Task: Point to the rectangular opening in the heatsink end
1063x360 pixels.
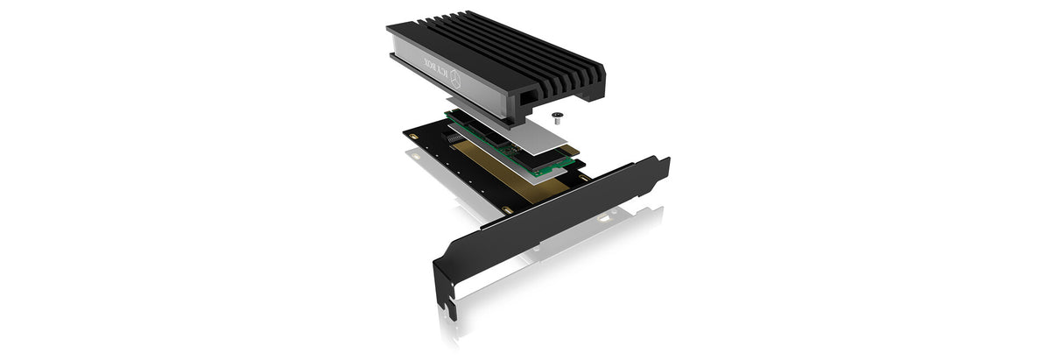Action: click(527, 98)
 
